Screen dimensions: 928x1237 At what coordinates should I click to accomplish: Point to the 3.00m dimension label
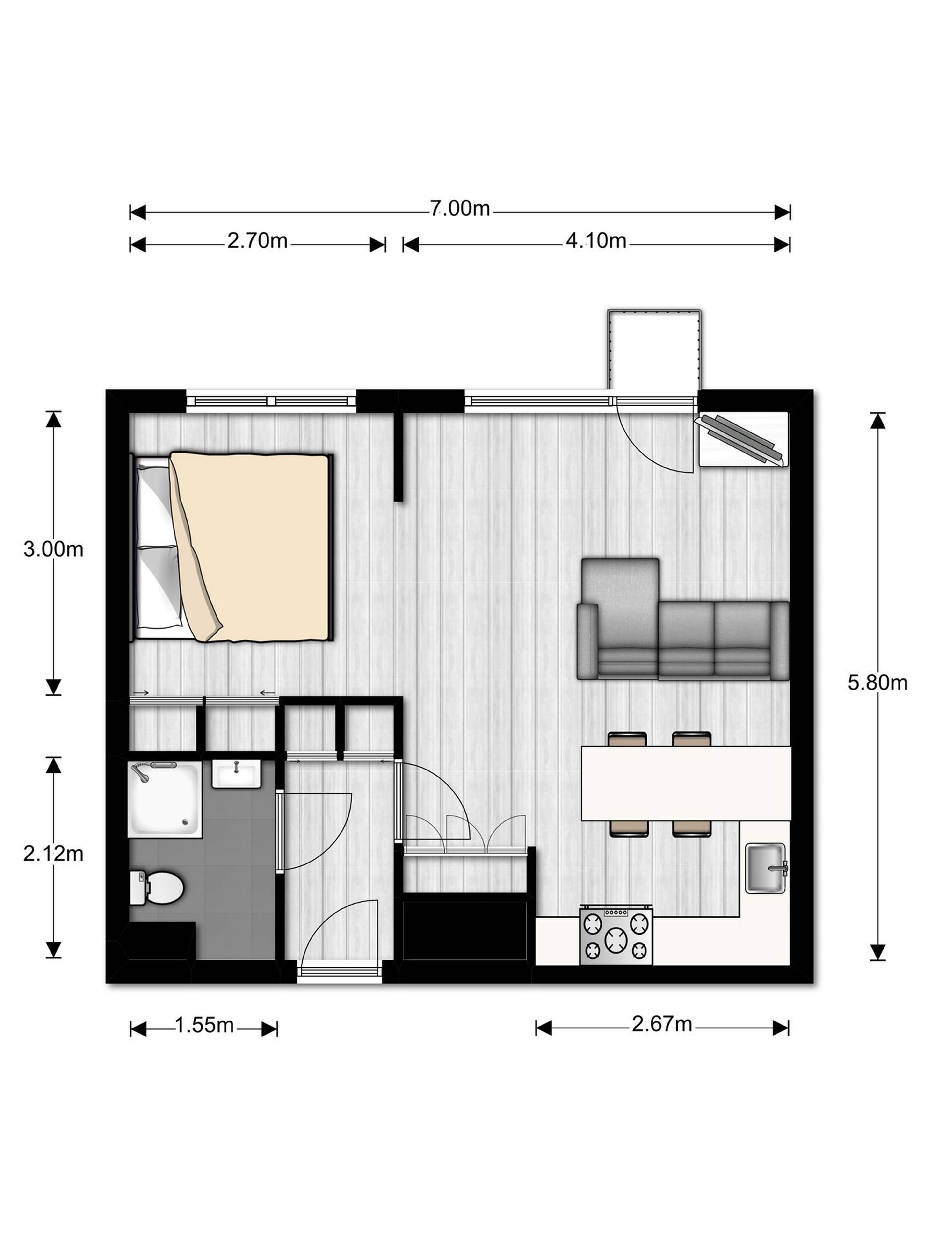[x=53, y=549]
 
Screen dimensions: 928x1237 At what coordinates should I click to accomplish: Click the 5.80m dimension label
[x=877, y=683]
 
